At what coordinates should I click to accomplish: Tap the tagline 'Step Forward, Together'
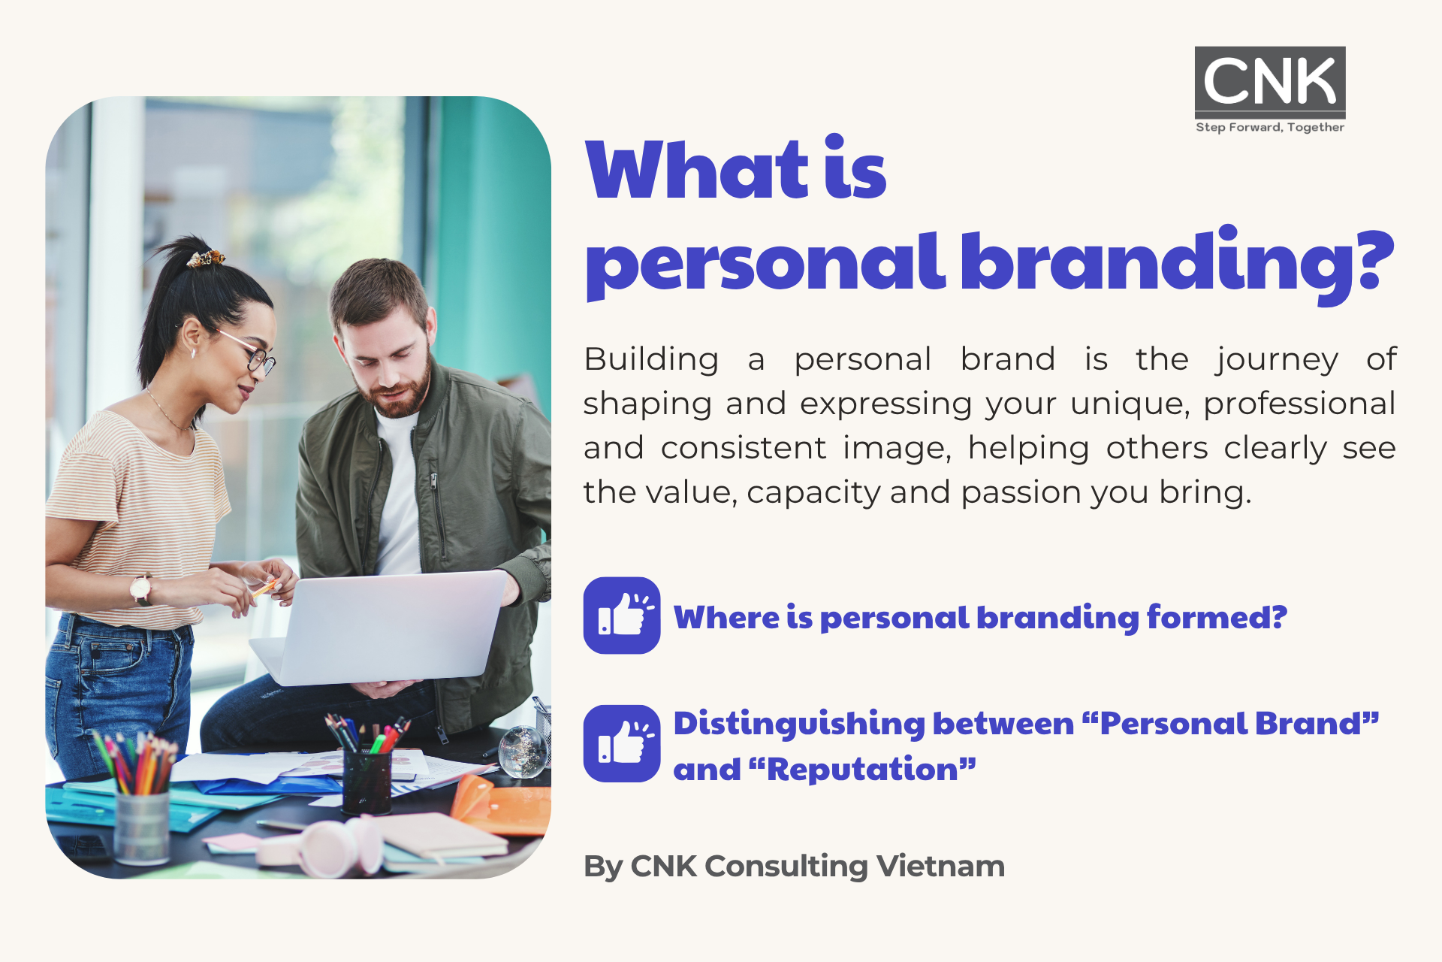click(1270, 127)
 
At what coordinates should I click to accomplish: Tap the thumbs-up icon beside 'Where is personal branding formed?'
click(622, 616)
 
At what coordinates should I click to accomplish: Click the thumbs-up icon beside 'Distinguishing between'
click(622, 743)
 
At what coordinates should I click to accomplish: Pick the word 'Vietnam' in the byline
click(940, 866)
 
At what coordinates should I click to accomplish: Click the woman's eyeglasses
click(249, 352)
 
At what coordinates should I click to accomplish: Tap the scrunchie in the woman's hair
click(206, 259)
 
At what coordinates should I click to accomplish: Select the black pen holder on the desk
click(367, 782)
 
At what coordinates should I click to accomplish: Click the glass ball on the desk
click(523, 751)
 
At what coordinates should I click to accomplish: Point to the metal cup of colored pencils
click(142, 827)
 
